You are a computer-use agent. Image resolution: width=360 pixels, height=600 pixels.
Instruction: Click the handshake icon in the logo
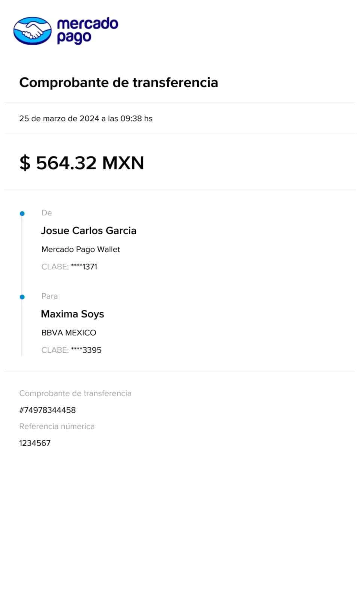coord(31,31)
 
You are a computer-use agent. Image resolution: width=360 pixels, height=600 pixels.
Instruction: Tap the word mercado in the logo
coord(87,24)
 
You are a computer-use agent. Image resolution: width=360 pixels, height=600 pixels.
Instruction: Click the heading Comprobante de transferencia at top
coord(118,82)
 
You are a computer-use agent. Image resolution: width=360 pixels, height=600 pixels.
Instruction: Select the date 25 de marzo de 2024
coord(59,119)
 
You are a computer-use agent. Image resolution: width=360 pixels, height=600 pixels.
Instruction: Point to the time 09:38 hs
coord(136,119)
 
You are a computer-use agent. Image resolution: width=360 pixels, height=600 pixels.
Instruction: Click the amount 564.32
coord(66,163)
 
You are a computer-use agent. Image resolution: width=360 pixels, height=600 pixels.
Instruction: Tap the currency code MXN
coord(123,163)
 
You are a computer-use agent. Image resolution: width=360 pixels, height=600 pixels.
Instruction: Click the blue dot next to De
coord(22,213)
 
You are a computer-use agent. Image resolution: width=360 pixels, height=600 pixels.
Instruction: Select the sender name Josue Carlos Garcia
coord(89,231)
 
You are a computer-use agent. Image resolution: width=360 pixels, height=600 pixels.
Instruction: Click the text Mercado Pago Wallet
coord(81,249)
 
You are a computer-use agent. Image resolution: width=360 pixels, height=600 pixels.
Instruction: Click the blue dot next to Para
coord(22,297)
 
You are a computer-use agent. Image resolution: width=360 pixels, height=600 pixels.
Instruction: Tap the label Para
coord(50,296)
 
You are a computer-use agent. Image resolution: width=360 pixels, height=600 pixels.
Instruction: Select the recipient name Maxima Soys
coord(72,314)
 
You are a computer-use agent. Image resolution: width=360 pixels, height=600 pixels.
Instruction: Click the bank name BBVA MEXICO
coord(69,333)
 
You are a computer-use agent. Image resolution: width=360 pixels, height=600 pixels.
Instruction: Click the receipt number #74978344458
coord(48,410)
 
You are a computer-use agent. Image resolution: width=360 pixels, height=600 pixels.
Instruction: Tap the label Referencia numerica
coord(57,426)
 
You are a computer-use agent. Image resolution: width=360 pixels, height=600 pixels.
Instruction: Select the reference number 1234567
coord(34,443)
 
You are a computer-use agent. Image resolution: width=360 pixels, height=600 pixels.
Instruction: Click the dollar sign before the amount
coord(25,163)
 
